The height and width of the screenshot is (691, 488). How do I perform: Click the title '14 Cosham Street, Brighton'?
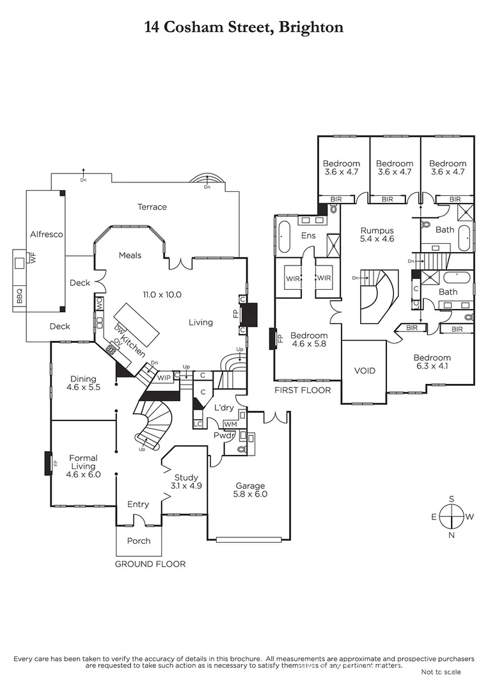[244, 27]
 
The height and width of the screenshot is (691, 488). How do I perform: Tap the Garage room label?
[249, 490]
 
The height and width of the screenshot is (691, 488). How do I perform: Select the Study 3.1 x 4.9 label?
[186, 482]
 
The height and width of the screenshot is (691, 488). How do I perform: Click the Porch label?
[138, 541]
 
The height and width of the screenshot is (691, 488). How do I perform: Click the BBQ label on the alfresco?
[18, 298]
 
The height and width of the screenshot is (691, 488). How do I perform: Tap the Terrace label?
[152, 207]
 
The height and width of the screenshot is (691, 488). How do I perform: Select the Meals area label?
[130, 255]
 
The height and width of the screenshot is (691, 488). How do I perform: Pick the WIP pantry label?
[164, 377]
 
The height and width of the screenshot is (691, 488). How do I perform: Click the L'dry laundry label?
[223, 408]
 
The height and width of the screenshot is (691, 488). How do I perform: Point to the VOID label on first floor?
[365, 370]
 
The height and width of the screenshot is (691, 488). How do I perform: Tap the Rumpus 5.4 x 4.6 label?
[377, 234]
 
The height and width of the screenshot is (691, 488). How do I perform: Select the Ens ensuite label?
[309, 235]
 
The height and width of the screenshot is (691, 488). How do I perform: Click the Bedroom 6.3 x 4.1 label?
[432, 362]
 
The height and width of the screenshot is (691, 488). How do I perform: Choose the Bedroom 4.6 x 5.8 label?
[309, 340]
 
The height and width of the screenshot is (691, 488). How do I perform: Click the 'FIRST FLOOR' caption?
[303, 390]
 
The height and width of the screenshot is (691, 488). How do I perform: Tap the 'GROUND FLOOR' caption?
[150, 564]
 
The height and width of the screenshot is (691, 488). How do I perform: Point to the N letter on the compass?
[452, 536]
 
